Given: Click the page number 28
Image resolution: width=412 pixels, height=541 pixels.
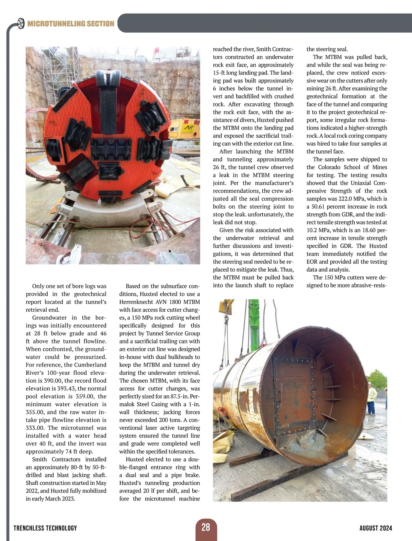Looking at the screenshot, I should (206, 527).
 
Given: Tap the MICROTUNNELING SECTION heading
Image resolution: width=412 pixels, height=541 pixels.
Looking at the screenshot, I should (71, 24).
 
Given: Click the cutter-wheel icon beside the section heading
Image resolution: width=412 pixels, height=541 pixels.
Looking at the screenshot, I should (21, 23).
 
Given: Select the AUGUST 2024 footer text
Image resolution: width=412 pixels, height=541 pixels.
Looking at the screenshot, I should (376, 528).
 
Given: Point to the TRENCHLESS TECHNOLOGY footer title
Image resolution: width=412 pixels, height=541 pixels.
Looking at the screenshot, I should (45, 528).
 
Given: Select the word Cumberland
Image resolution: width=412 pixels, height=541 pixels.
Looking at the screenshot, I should (91, 365).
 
